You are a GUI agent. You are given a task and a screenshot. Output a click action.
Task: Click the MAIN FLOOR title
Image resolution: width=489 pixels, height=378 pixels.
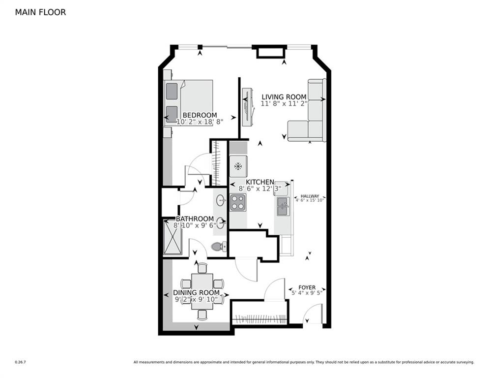pos(40,12)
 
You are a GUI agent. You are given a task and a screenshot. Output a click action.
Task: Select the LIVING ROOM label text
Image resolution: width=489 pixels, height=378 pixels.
pos(284,97)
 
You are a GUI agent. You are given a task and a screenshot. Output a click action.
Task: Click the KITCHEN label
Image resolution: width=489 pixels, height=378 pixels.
pos(259,182)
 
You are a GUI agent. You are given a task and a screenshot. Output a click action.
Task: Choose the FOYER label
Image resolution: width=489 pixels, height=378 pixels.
pos(307,287)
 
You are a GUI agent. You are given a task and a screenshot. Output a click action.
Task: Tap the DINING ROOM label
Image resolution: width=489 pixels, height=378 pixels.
pos(196,293)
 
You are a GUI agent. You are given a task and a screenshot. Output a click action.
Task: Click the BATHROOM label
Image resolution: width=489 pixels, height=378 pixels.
pos(195,219)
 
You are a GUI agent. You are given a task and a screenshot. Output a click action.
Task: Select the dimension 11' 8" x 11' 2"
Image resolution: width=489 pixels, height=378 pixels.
pos(284,104)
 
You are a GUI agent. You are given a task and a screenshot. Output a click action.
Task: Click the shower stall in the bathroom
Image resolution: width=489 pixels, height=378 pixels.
pos(173,237)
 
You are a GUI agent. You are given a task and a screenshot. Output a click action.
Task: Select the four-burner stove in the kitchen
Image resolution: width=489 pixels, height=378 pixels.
pos(238,202)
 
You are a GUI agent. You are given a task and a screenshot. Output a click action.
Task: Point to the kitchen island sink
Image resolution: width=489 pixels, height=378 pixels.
pos(283,206)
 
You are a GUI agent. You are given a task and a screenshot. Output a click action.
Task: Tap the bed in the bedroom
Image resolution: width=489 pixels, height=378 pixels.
pos(189,102)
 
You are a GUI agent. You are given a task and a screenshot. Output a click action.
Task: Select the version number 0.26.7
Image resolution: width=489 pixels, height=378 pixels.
pos(20,362)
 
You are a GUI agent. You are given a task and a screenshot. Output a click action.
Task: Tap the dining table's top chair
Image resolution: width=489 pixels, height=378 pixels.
pos(202,268)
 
